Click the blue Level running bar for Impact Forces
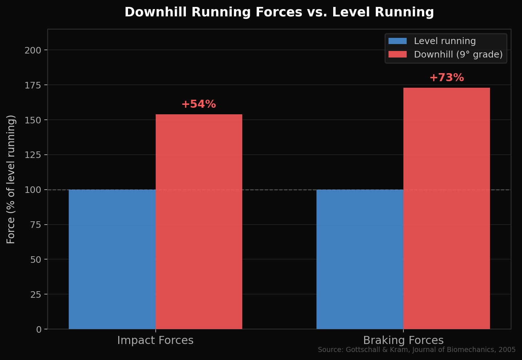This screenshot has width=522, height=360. click(112, 259)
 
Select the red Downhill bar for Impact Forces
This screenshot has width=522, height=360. click(199, 222)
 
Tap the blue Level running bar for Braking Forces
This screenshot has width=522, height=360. click(360, 259)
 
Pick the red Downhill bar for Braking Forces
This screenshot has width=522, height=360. click(447, 208)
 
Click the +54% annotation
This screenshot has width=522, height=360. click(199, 104)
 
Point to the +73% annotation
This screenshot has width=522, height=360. click(447, 78)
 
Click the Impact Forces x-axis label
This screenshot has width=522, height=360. click(155, 340)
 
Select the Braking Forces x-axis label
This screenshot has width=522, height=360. click(403, 340)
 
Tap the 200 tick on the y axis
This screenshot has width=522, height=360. click(33, 50)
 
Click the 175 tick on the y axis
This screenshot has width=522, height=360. click(33, 85)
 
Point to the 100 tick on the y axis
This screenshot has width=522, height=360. click(33, 190)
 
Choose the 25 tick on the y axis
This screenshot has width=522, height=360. click(36, 294)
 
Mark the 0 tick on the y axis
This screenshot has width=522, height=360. click(39, 329)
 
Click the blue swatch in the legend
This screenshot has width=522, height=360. click(398, 41)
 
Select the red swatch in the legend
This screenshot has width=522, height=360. click(398, 55)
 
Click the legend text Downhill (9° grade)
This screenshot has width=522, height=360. click(458, 55)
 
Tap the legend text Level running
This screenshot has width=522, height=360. click(445, 41)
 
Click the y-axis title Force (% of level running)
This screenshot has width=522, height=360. click(11, 179)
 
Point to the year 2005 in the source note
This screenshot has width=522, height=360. click(507, 350)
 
